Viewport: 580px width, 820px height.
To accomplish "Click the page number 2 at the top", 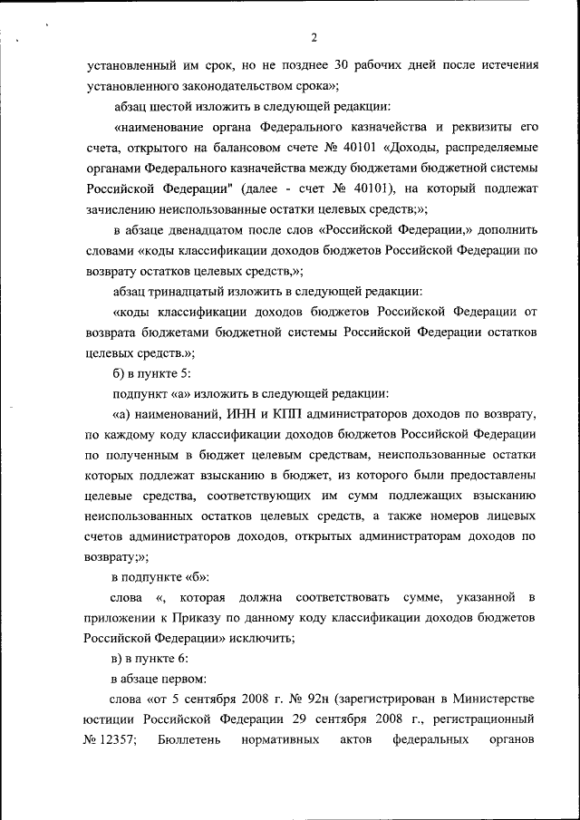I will point(313,37).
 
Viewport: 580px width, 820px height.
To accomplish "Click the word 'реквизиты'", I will point(488,127).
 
